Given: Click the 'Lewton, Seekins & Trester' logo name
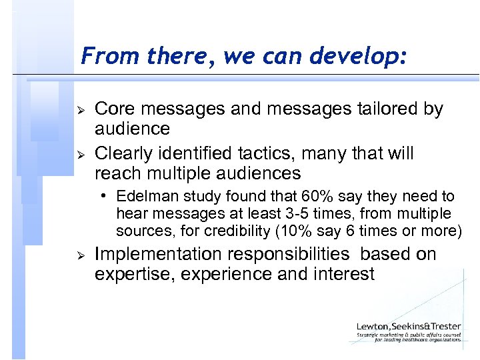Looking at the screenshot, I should [408, 326].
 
